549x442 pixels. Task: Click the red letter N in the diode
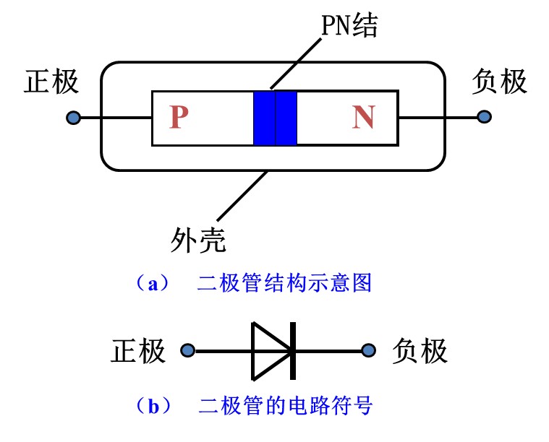tap(363, 118)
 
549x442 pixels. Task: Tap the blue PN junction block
tap(275, 118)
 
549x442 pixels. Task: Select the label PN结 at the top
tap(349, 26)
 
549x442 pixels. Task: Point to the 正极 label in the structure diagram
tap(51, 82)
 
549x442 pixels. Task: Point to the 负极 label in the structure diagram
tap(499, 82)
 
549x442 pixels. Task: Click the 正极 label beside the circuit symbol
tap(138, 351)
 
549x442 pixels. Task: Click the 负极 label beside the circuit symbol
tap(420, 351)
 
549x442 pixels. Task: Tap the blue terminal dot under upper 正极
tap(72, 118)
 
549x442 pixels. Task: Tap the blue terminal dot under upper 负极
tap(484, 117)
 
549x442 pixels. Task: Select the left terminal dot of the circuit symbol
tap(187, 351)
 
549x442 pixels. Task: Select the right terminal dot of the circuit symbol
tap(370, 351)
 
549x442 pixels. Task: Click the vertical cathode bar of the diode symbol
tap(293, 351)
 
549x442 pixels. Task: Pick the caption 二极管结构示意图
tap(284, 283)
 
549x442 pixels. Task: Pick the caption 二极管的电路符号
tap(285, 406)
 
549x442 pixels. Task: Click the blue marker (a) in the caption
tap(153, 283)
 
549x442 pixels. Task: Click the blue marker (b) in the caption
tap(153, 406)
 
